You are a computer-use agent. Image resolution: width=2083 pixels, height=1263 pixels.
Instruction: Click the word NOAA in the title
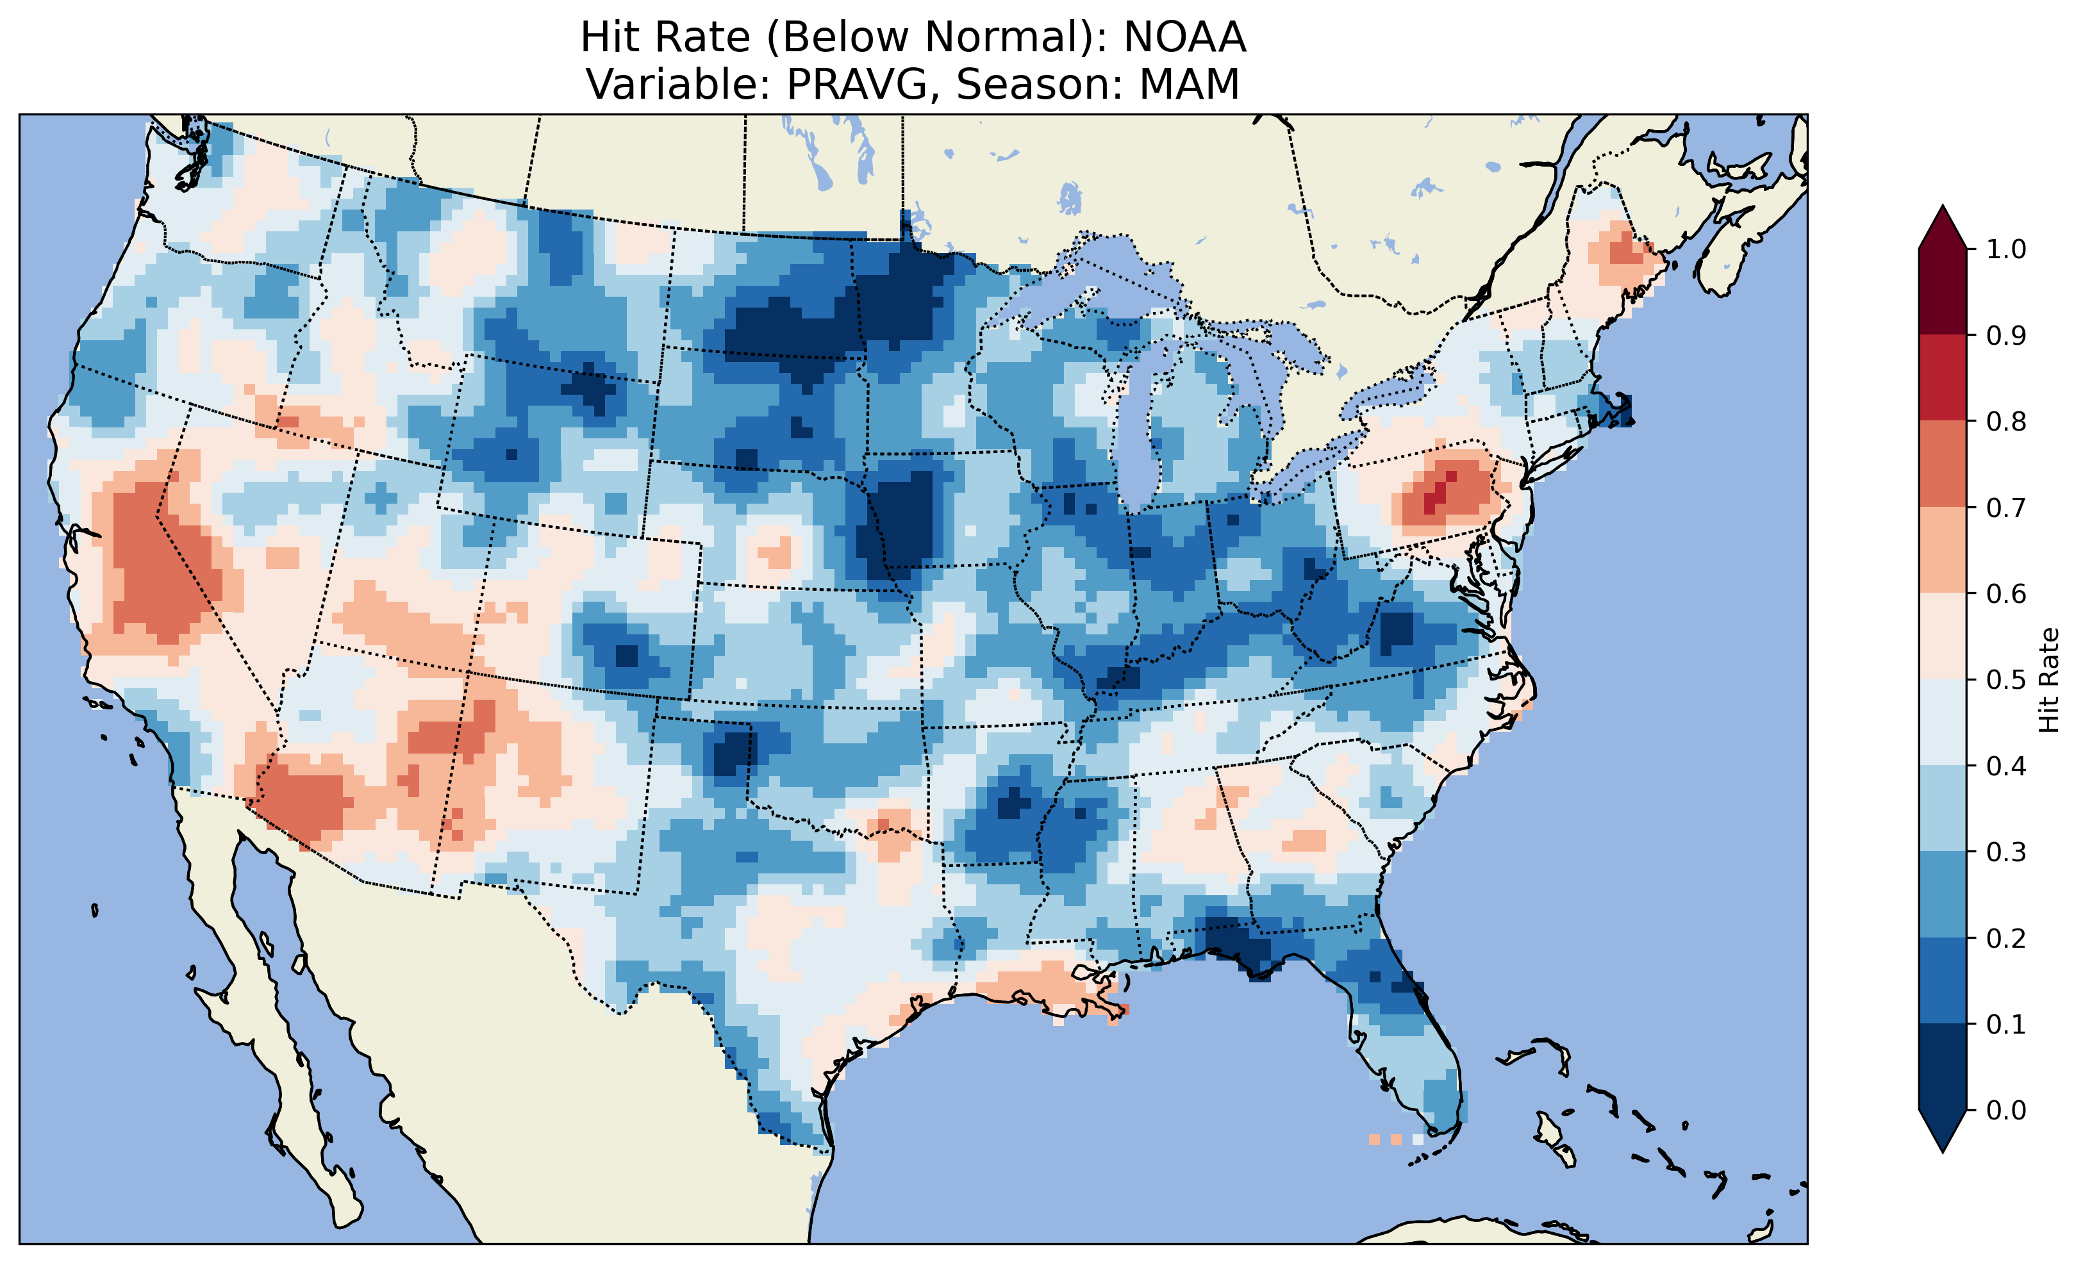coord(1184,38)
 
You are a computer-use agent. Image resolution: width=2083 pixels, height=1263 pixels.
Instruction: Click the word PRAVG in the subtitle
coord(858,85)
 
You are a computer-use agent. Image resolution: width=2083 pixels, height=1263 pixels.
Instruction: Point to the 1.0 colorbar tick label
coord(2006,249)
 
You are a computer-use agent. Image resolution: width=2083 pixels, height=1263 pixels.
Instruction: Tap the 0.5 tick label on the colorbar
coord(2006,680)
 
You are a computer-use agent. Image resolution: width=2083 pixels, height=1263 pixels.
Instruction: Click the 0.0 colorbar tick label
coord(2006,1110)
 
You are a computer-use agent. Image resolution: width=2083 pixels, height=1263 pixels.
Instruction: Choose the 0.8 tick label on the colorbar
coord(2006,421)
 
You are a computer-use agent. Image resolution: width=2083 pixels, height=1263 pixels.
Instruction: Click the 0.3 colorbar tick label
coord(2006,852)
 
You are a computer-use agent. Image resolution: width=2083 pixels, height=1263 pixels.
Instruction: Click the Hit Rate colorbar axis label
coord(2048,680)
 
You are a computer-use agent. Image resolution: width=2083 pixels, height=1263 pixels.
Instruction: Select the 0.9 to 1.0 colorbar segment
coord(1943,292)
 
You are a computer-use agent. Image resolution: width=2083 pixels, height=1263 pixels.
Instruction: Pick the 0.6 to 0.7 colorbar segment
coord(1943,550)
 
